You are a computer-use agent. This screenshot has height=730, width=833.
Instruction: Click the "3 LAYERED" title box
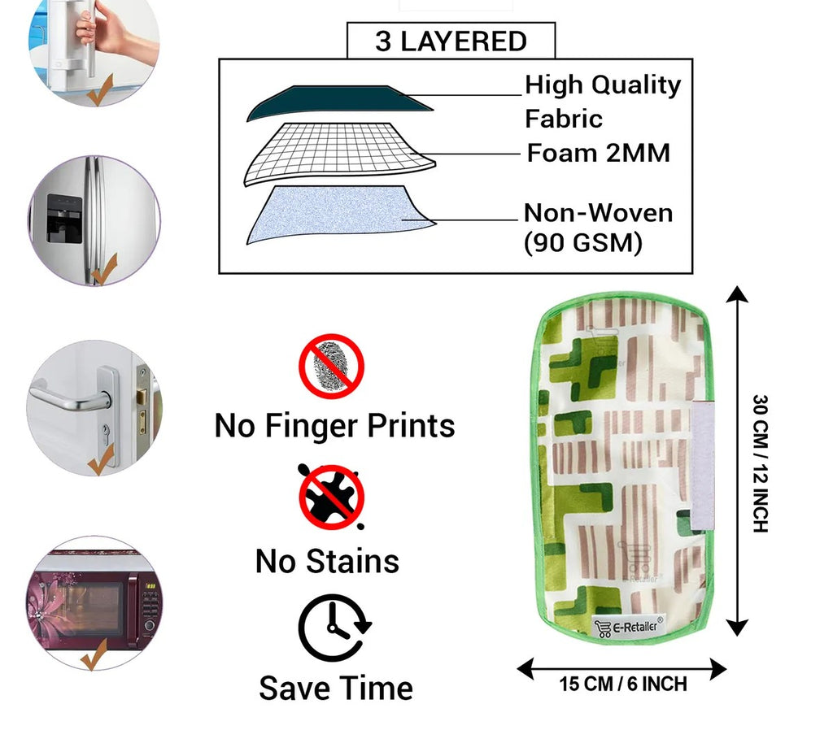(451, 41)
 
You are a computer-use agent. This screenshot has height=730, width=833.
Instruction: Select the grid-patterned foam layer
(339, 153)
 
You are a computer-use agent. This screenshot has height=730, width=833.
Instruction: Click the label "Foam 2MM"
(598, 153)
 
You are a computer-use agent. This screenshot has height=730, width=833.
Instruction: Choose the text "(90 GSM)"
(582, 242)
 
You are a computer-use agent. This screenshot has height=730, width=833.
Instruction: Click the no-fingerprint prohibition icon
(332, 366)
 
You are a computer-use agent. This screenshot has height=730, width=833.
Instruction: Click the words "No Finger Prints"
(334, 425)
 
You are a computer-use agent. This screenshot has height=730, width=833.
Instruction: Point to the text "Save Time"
(336, 688)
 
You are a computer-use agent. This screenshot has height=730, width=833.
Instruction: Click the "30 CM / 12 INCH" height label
(760, 463)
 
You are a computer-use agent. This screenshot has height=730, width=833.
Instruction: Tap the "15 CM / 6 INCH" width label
(623, 684)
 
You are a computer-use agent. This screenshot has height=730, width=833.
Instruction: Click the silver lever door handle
(73, 398)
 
